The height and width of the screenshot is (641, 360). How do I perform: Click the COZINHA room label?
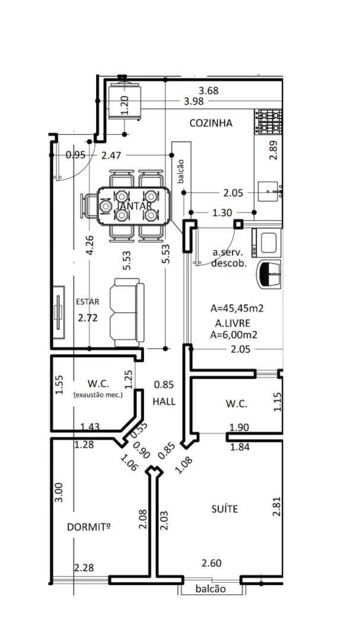tap(211, 123)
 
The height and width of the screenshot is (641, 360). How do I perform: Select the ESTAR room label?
tap(87, 302)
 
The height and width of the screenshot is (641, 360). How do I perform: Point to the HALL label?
tap(164, 401)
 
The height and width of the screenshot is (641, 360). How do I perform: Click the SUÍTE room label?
tap(225, 509)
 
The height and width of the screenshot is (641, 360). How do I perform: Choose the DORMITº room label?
tap(89, 528)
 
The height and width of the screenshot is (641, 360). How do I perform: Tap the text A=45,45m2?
tap(237, 308)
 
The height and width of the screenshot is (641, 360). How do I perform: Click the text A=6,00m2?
tap(234, 335)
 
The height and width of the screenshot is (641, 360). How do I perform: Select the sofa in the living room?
tap(127, 312)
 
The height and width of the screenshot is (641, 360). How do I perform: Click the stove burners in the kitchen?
tap(269, 122)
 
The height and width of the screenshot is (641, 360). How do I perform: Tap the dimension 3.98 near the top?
tap(194, 101)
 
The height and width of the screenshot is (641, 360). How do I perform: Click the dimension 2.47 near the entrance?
tap(111, 155)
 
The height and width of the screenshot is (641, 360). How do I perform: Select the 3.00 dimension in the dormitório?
tap(59, 493)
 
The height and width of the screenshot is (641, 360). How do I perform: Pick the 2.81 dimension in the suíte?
tap(277, 506)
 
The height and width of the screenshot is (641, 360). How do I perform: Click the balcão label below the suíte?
tap(211, 589)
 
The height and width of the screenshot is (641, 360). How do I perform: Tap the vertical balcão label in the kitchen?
tap(181, 170)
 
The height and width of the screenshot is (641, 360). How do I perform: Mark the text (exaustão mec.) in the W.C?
tap(98, 395)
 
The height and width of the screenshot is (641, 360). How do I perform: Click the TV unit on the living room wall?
tap(59, 312)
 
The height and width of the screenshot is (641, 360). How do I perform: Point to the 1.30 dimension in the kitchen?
tap(222, 212)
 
